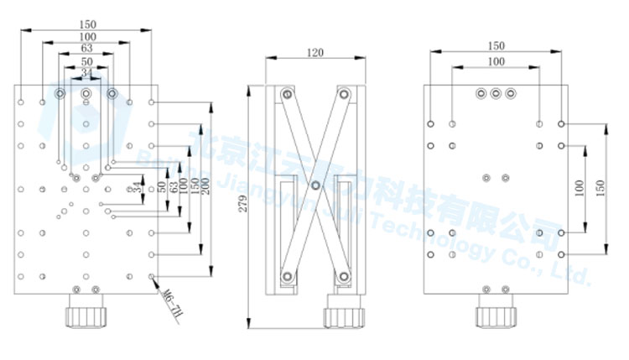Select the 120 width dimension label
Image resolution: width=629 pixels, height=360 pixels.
click(x=315, y=52)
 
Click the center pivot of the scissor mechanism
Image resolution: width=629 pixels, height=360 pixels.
click(x=315, y=185)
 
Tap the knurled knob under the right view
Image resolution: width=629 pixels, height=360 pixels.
click(x=493, y=316)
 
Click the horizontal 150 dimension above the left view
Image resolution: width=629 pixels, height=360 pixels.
click(x=86, y=24)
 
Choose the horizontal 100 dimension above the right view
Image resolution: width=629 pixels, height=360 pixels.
click(x=496, y=62)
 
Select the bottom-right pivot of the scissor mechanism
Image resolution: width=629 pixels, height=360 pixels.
click(x=342, y=275)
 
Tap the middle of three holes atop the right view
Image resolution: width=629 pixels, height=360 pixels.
click(x=496, y=93)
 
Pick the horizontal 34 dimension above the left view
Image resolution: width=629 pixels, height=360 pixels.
click(x=86, y=74)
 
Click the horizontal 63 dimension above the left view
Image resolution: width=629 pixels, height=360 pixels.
click(x=86, y=50)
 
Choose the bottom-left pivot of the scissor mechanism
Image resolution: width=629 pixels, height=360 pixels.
click(x=288, y=275)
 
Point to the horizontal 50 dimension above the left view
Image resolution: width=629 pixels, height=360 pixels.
click(x=86, y=62)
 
